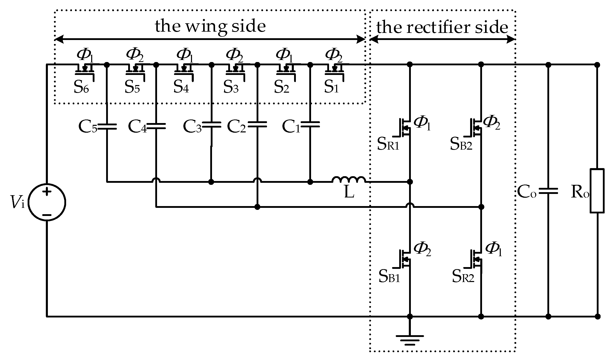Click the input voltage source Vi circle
click(x=47, y=202)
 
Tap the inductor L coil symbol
click(x=349, y=179)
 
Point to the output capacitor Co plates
click(x=548, y=191)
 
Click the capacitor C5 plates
click(x=107, y=127)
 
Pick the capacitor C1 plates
click(x=310, y=125)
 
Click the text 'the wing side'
click(x=210, y=26)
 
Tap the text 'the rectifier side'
click(x=442, y=27)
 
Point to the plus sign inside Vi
click(x=47, y=192)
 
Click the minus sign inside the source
click(x=47, y=215)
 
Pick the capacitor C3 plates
click(x=212, y=125)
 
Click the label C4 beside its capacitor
click(x=137, y=127)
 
